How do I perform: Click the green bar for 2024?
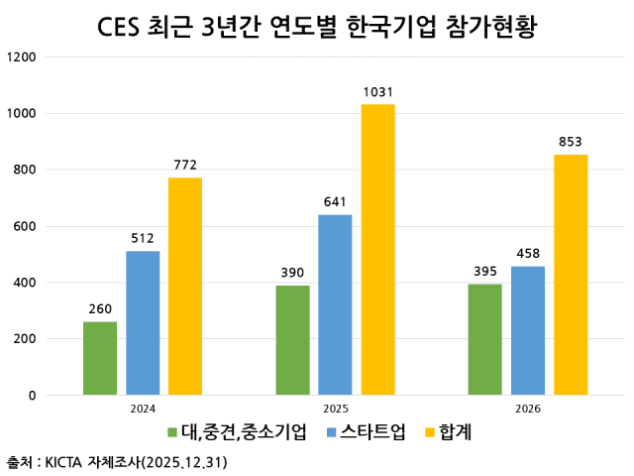[x=100, y=358]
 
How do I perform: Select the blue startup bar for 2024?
[x=143, y=322]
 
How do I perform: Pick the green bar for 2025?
[x=293, y=340]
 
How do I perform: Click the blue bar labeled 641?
[x=335, y=304]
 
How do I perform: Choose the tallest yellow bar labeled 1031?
[x=377, y=249]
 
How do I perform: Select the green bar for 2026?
[x=485, y=339]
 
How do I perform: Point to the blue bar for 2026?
[x=528, y=330]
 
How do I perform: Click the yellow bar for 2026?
[x=571, y=275]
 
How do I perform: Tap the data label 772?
[x=184, y=164]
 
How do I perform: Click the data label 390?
[x=293, y=272]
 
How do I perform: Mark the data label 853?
[x=571, y=141]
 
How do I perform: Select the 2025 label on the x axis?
[x=335, y=408]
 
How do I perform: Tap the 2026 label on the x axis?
[x=528, y=408]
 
